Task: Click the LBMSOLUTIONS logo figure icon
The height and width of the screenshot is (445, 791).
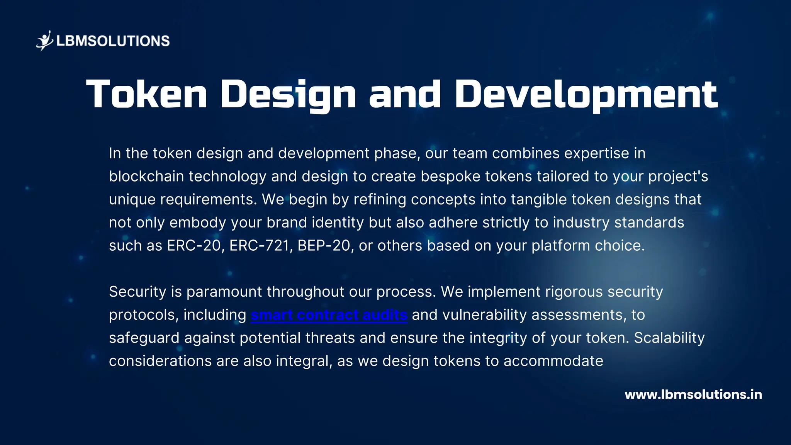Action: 45,41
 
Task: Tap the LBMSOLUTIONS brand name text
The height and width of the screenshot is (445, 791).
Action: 113,41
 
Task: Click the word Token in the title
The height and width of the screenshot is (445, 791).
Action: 147,94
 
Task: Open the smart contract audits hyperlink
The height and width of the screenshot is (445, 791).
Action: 329,315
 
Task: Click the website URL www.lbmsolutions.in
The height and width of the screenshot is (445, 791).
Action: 693,394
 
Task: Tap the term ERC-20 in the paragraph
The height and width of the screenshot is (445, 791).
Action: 194,246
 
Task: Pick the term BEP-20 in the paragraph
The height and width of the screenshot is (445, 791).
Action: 324,246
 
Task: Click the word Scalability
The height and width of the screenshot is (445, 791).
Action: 669,338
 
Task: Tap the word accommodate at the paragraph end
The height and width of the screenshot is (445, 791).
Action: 553,361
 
